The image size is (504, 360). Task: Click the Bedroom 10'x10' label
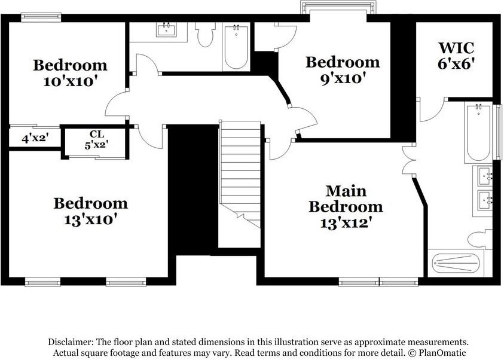pos(70,73)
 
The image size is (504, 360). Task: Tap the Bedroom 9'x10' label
pos(343,69)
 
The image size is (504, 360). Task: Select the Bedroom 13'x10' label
pos(90,211)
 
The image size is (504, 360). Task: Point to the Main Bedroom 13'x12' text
pos(345,207)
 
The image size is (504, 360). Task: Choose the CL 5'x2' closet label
pos(96,139)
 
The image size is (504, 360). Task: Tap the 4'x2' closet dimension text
pos(35,139)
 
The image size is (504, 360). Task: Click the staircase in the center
pos(240,173)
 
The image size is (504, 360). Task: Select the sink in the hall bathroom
pos(167,30)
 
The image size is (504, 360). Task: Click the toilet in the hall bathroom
pos(206,35)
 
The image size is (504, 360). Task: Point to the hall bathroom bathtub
pos(236,47)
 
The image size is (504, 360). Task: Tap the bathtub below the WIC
pos(478,133)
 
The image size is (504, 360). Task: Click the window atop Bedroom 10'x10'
pos(41,17)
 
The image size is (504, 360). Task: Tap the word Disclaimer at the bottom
pos(71,342)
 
